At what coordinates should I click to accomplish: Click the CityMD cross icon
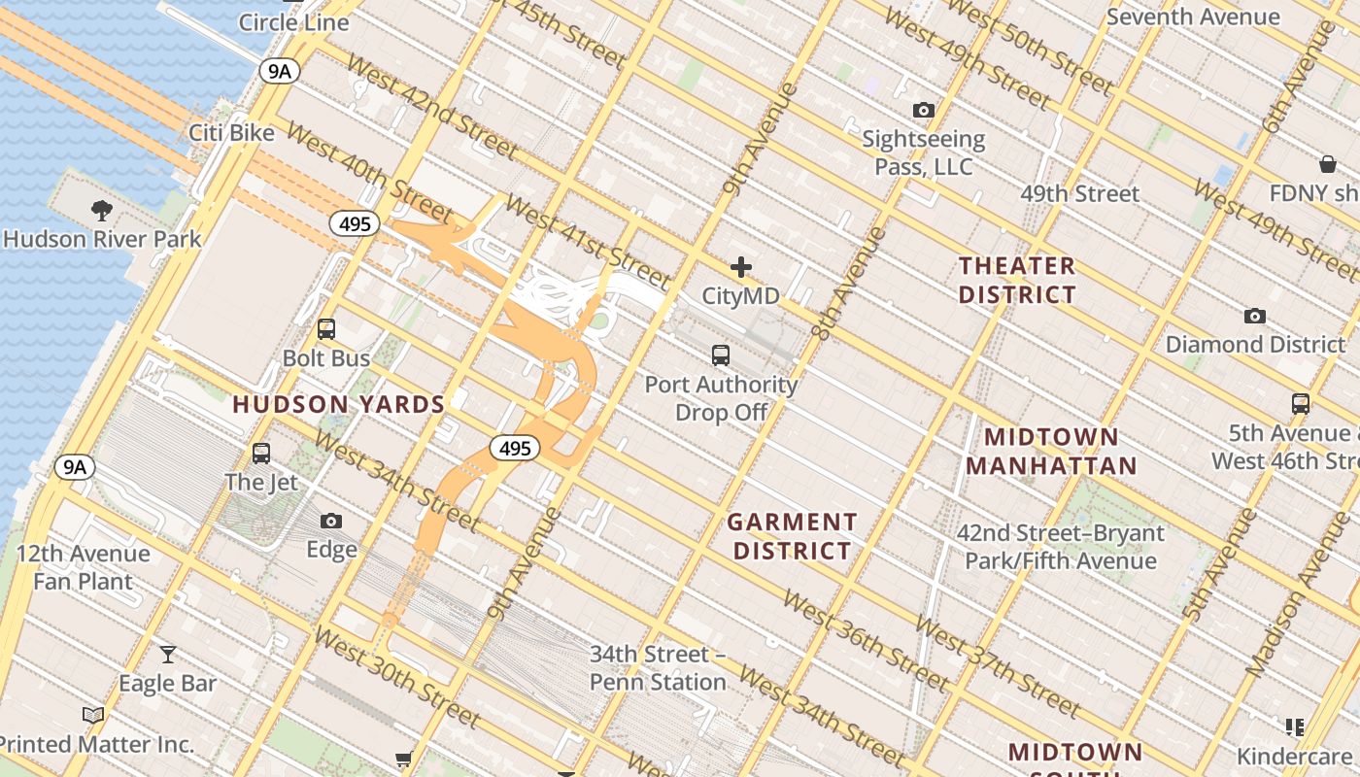click(x=741, y=267)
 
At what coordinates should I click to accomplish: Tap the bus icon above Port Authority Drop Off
click(x=720, y=355)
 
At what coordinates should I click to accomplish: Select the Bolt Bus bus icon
click(x=326, y=329)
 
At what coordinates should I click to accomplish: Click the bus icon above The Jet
click(x=260, y=453)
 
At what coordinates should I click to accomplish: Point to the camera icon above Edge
click(x=331, y=522)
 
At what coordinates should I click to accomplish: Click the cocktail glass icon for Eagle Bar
click(x=168, y=655)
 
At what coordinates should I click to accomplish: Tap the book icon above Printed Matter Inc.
click(x=93, y=715)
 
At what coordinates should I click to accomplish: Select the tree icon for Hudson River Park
click(x=101, y=210)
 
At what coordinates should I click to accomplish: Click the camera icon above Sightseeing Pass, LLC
click(x=924, y=111)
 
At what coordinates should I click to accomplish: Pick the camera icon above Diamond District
click(x=1255, y=316)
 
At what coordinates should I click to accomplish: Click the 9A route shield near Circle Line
click(x=279, y=70)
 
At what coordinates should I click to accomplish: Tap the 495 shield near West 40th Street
click(x=355, y=224)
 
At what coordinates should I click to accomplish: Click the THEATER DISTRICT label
click(x=1017, y=280)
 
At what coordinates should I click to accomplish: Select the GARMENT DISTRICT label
click(x=792, y=536)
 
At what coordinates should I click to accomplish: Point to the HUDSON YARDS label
click(x=338, y=404)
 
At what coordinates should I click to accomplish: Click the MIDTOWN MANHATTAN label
click(x=1051, y=451)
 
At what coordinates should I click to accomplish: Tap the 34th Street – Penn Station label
click(x=658, y=668)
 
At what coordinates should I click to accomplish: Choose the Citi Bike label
click(x=231, y=132)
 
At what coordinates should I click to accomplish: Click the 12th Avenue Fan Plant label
click(x=84, y=567)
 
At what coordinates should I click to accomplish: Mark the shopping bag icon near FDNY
click(x=1327, y=163)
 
